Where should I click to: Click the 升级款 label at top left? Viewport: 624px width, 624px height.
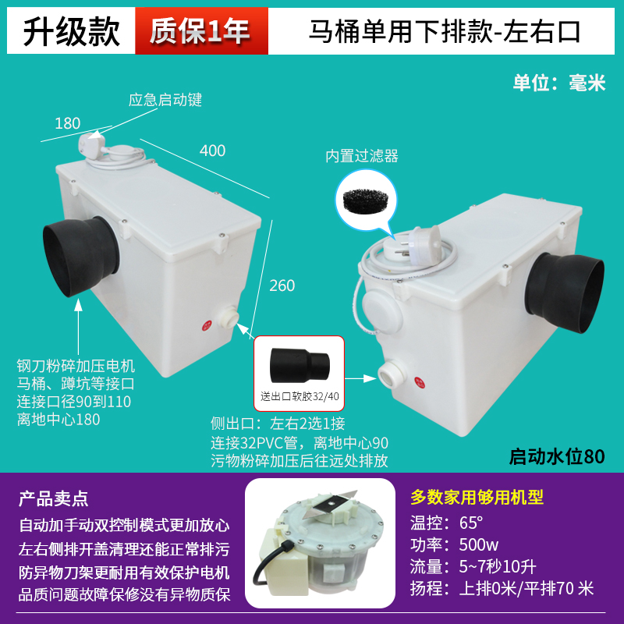click(x=71, y=30)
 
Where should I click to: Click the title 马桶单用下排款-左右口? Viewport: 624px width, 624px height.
click(x=445, y=30)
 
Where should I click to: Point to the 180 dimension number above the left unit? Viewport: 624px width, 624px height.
click(x=68, y=122)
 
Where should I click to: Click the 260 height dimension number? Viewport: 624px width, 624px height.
click(x=282, y=285)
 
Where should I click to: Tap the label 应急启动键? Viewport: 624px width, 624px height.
click(x=165, y=100)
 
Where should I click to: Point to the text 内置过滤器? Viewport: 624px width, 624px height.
click(x=362, y=156)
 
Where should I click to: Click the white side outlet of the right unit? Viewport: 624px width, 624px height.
click(x=388, y=375)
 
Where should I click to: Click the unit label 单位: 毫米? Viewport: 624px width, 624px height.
click(x=558, y=83)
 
